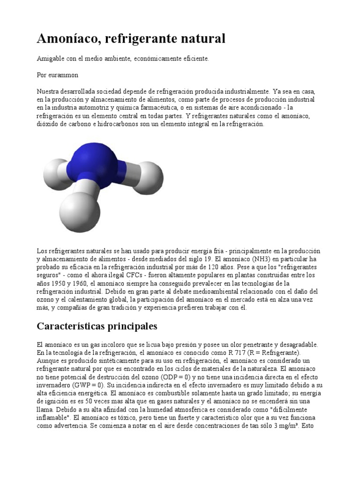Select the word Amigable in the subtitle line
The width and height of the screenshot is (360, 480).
point(52,59)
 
